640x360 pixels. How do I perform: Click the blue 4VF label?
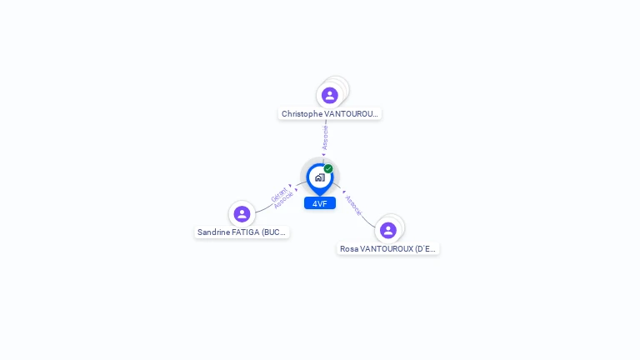pos(320,203)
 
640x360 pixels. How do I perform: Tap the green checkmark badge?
pos(328,169)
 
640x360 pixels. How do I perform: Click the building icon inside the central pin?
pos(319,177)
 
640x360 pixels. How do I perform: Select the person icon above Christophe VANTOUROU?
pos(330,96)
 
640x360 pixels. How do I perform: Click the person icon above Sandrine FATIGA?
pos(242,214)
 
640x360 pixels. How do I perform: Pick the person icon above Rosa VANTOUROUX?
pos(387,230)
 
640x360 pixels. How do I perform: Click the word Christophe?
pos(302,114)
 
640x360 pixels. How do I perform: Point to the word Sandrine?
pos(213,232)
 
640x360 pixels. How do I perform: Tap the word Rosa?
pos(349,249)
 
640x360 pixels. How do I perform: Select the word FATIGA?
pos(246,232)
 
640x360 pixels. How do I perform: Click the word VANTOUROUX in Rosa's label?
pos(386,249)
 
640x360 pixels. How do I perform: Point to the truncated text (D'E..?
pos(425,249)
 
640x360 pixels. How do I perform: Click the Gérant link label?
pos(278,195)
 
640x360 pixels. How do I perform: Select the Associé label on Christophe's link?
pos(325,137)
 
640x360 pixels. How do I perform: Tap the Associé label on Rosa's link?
pos(353,205)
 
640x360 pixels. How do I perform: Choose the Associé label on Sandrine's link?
pos(284,201)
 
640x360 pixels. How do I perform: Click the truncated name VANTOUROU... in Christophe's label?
pos(351,114)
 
